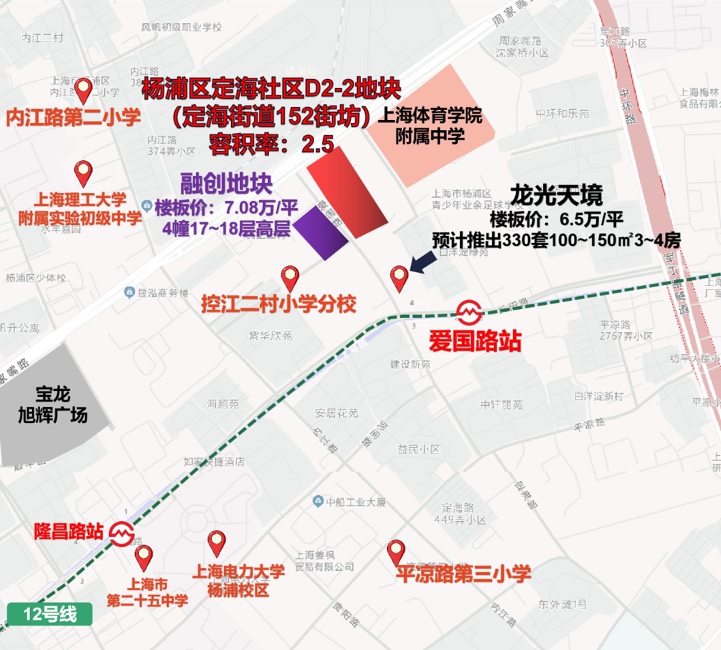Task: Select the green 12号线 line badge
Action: point(50,614)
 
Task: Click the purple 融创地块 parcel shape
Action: point(321,231)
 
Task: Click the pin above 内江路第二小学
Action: point(83,90)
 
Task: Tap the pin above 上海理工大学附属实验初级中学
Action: point(83,173)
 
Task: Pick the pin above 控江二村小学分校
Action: point(290,278)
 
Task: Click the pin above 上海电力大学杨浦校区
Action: point(217,543)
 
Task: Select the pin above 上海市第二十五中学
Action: point(144,557)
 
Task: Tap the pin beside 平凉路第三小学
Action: point(396,552)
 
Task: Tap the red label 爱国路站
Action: point(474,340)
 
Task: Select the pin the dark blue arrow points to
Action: point(399,278)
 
